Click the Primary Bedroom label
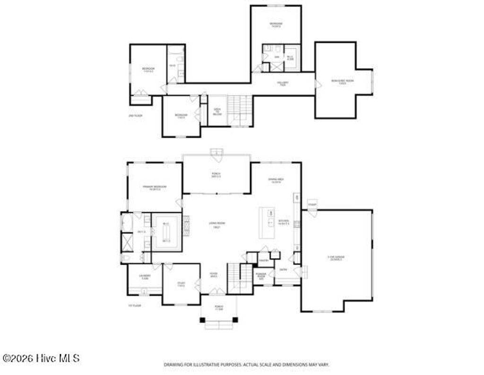(x=155, y=188)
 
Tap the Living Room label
(x=216, y=225)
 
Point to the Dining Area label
(x=275, y=180)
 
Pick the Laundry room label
(x=145, y=277)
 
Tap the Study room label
(x=181, y=285)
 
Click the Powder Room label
(x=261, y=275)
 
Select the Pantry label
(x=264, y=260)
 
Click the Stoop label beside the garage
(x=311, y=205)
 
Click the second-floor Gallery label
(x=283, y=84)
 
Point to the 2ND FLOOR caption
(x=135, y=115)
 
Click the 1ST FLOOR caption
(x=135, y=306)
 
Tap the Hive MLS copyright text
(x=41, y=358)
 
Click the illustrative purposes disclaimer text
(x=246, y=365)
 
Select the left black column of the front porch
(x=202, y=320)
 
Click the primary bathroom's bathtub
(x=127, y=222)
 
